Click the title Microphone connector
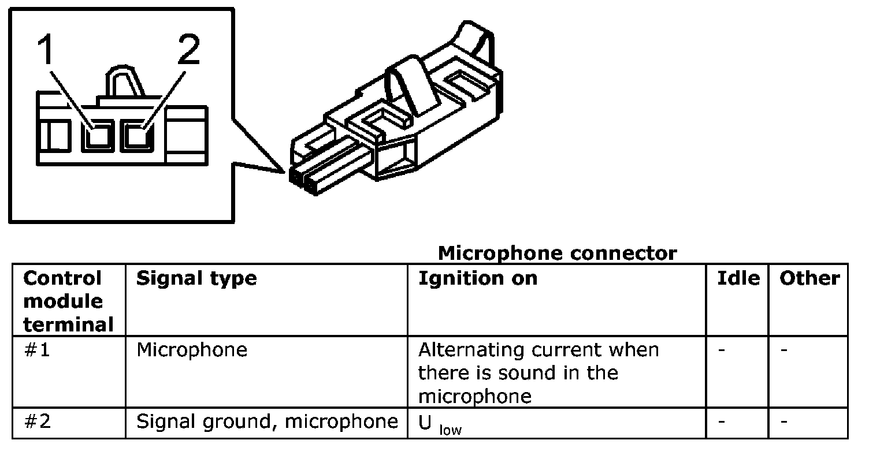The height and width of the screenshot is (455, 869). point(557,253)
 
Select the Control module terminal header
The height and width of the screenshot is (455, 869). point(68,301)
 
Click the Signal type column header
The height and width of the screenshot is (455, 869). point(196,278)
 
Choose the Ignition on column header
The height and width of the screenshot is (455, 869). point(477,278)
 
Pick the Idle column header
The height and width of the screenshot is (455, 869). point(738,278)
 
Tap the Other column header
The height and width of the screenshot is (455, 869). point(809,278)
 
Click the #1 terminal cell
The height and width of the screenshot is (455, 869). point(38,350)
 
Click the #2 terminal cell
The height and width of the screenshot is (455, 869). point(38,422)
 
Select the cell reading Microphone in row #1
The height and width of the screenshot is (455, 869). point(192,350)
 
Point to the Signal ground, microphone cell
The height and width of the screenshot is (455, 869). point(267,422)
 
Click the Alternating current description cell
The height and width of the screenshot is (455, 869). point(539,373)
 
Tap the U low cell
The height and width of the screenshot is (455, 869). point(440,424)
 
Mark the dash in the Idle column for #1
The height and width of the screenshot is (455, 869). point(722,350)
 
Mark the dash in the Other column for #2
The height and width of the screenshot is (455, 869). point(784,422)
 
